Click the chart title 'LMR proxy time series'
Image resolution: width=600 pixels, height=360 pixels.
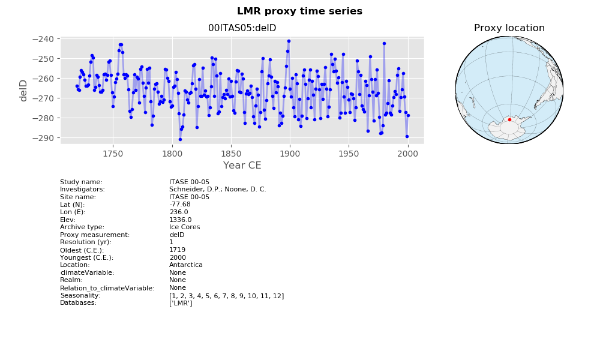tap(299, 11)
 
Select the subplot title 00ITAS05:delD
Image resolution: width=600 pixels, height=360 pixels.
tap(242, 28)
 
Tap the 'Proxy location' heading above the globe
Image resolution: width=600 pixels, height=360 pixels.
tap(509, 28)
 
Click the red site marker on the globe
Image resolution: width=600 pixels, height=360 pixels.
tap(509, 120)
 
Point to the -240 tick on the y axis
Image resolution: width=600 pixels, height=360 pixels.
tap(46, 39)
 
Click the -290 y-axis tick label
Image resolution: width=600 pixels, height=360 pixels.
tap(46, 138)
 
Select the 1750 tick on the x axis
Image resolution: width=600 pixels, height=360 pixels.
tap(113, 154)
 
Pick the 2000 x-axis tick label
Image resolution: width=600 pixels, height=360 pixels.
tap(408, 154)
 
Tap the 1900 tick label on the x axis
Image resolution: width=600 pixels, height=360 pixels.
tap(290, 154)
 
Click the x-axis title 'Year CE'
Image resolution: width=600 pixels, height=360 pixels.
tap(242, 165)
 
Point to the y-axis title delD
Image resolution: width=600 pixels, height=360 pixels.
tap(23, 91)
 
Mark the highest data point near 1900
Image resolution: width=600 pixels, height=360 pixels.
tap(289, 41)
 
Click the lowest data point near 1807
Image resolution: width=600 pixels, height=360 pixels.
tap(180, 139)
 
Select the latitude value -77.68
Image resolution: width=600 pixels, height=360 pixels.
tap(180, 204)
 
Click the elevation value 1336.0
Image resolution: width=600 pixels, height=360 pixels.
tap(181, 220)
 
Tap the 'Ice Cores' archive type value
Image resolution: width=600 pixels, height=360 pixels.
tap(184, 227)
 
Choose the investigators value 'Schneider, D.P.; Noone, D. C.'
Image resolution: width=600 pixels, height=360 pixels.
tap(218, 190)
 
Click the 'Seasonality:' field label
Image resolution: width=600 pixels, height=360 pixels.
tap(80, 296)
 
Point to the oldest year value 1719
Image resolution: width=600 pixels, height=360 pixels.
tap(178, 250)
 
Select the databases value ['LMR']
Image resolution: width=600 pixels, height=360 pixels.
tap(181, 303)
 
